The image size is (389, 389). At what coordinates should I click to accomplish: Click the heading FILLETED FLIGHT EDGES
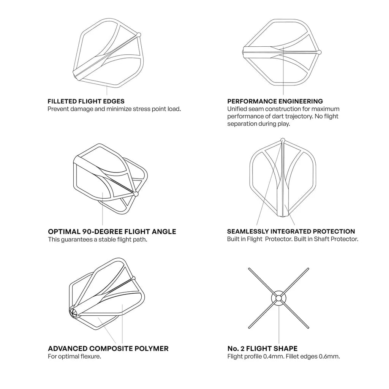(86, 101)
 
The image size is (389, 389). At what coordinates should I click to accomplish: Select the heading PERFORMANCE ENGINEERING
(275, 101)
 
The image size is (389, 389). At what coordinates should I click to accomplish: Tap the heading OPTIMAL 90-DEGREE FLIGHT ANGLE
(112, 231)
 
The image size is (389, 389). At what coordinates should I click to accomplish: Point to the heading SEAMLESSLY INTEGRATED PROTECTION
(291, 231)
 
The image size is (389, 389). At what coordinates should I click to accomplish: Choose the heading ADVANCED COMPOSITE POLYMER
(108, 349)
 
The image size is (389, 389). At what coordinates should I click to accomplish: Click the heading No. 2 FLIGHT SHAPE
(262, 349)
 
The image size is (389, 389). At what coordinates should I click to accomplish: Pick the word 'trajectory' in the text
(294, 116)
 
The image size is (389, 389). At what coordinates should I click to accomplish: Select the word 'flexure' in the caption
(92, 357)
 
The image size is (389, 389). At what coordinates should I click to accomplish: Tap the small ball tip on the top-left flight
(139, 35)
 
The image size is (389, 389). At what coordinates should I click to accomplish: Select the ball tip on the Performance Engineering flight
(320, 52)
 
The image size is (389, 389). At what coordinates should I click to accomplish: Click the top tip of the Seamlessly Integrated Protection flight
(282, 141)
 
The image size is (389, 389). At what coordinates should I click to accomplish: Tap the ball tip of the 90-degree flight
(136, 194)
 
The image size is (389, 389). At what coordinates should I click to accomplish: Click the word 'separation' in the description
(242, 124)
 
